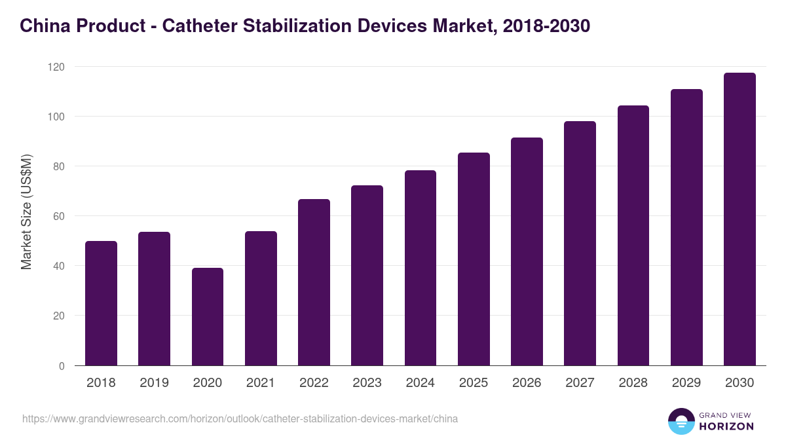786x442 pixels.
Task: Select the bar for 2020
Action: click(208, 317)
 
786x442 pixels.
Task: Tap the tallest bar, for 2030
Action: click(739, 219)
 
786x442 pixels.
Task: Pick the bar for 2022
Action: click(314, 282)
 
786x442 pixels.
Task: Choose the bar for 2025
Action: click(474, 259)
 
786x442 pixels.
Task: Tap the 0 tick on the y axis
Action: click(62, 365)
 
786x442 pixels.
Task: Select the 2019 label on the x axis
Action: click(154, 383)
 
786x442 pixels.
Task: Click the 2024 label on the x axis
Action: click(420, 383)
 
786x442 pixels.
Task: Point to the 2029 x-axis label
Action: click(686, 383)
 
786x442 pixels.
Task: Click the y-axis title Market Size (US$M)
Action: click(26, 212)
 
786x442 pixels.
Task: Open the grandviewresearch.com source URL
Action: click(240, 419)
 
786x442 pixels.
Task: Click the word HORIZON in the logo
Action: click(726, 426)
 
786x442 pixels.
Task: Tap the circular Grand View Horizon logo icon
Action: click(681, 421)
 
